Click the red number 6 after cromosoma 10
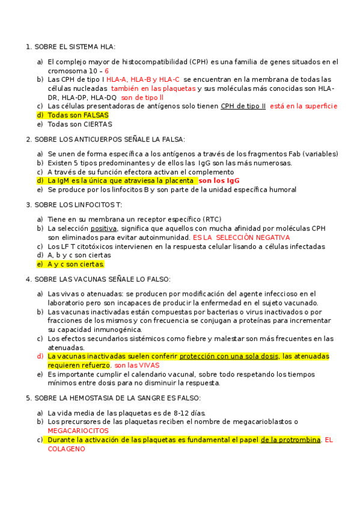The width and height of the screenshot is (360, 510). [106, 70]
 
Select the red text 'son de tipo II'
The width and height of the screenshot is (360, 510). [142, 97]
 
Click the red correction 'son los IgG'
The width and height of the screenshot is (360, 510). [219, 180]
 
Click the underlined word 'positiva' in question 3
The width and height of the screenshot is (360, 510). [103, 229]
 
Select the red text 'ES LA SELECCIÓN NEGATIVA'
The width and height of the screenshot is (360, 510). [241, 238]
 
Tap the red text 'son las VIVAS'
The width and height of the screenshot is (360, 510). [137, 365]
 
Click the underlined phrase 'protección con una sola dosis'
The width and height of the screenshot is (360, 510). [228, 356]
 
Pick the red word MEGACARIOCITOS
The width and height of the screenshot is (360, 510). [78, 431]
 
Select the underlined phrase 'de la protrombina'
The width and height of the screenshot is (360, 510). [290, 440]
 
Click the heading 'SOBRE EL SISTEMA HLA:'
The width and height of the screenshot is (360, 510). [75, 47]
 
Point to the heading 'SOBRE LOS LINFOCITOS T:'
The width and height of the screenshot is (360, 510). [78, 204]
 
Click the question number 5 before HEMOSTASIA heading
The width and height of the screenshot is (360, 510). [28, 398]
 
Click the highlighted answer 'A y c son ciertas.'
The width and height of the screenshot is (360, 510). [76, 264]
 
